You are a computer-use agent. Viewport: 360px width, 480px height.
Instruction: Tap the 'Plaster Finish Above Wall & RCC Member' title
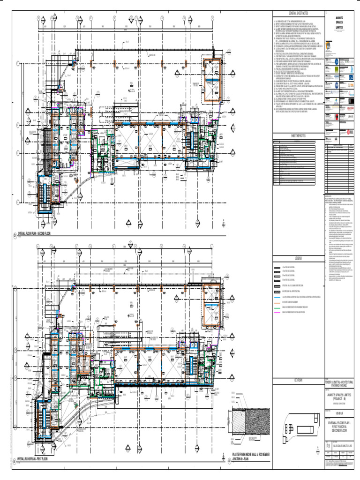251,455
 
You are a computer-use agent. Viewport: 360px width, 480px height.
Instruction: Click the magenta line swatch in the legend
277,311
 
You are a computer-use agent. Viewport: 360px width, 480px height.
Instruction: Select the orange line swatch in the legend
277,302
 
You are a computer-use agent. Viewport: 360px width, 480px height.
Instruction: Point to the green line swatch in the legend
277,306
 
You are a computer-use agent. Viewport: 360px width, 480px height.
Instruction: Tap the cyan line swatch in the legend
277,297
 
